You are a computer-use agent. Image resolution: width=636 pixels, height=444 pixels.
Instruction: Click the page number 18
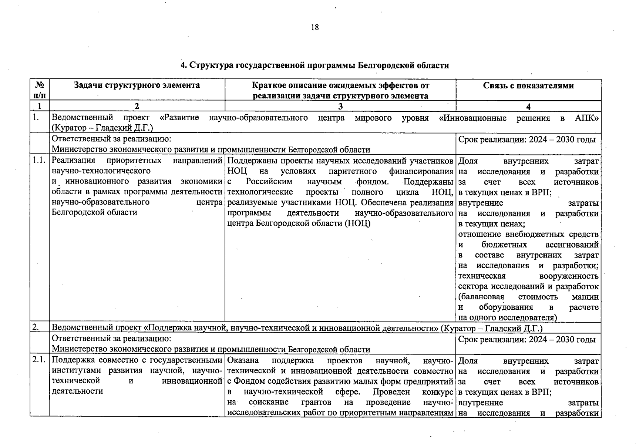315,27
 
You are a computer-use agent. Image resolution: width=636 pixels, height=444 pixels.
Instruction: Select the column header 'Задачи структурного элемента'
137,85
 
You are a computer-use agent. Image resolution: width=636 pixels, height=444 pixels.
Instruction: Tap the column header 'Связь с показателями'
528,85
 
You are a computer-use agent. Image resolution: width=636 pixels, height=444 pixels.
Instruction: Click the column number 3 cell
340,107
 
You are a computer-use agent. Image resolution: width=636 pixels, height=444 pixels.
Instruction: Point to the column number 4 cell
528,107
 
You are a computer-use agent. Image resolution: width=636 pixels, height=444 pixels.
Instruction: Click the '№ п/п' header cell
40,90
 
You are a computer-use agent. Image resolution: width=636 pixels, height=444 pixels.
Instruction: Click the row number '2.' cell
36,327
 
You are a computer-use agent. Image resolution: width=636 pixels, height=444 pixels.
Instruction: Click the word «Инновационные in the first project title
472,118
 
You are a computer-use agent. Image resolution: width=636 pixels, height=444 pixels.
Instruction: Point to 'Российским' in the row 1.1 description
269,182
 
